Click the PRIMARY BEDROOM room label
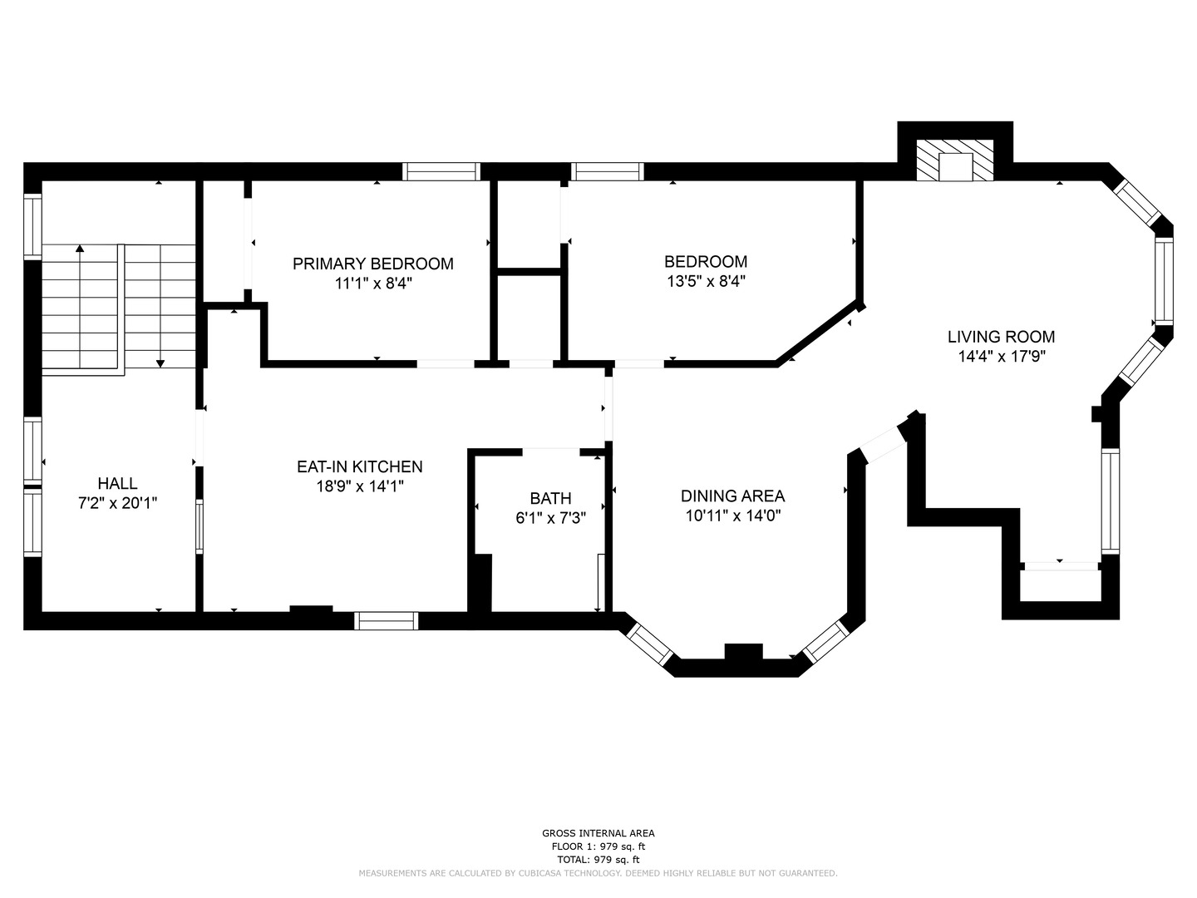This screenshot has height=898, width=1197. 372,264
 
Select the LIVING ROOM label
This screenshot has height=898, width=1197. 1001,337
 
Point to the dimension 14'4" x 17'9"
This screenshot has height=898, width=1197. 1001,357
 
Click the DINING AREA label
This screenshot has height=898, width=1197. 732,496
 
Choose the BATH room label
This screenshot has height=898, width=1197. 550,498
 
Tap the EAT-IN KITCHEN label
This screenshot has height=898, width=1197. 359,467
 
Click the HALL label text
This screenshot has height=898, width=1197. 117,483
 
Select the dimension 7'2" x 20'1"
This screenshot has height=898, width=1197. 117,503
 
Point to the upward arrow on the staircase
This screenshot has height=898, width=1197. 80,249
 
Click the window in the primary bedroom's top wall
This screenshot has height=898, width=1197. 441,171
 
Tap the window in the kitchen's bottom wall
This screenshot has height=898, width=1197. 386,620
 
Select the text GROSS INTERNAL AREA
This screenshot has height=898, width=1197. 598,833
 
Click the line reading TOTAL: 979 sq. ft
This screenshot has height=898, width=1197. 598,860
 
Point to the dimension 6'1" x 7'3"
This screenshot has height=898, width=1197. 550,517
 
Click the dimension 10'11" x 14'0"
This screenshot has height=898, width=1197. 732,516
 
